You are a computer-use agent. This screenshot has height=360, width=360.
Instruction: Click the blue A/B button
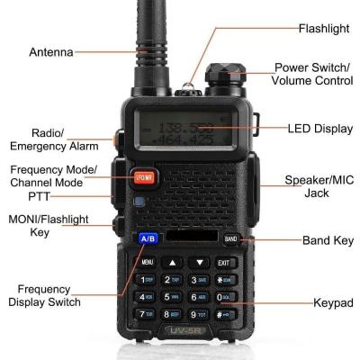(148, 238)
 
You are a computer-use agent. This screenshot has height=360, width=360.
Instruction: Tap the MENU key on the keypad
(148, 262)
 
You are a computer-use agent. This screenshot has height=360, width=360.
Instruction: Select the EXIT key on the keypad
(225, 262)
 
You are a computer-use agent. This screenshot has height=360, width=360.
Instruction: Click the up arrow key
(174, 262)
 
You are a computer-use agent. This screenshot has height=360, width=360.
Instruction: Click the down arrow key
(200, 262)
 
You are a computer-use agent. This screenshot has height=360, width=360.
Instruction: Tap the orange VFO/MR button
(144, 176)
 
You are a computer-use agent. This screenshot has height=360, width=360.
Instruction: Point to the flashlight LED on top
(188, 87)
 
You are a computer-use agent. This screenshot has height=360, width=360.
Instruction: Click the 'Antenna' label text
(51, 52)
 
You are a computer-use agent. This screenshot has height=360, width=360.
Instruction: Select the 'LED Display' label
(319, 129)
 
